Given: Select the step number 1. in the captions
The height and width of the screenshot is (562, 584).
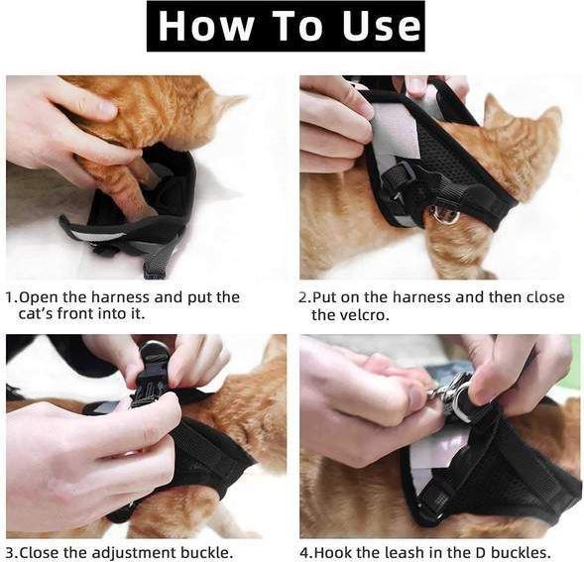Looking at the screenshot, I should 11,297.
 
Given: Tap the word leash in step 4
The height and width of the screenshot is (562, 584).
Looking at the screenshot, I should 415,553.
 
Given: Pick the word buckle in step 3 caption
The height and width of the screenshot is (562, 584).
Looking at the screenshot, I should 206,553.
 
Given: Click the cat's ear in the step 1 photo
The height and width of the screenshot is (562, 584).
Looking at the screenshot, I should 229,102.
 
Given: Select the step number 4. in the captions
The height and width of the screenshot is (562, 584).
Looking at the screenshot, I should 305,553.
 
